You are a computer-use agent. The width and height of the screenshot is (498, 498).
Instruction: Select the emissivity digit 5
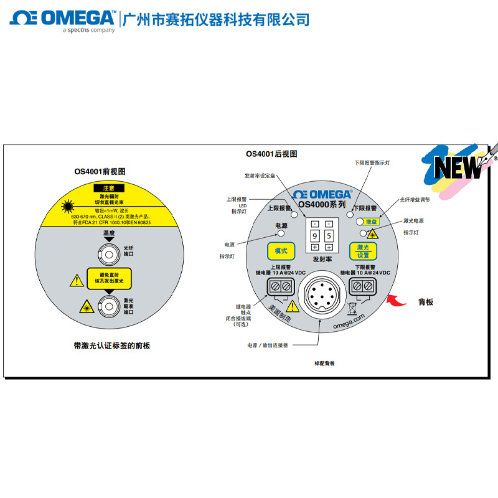tap(328, 236)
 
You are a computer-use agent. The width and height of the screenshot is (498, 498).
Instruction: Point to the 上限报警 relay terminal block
tap(280, 286)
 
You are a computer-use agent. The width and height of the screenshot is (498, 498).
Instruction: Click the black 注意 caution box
tap(109, 187)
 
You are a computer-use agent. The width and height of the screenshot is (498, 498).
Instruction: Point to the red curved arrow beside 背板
tap(397, 301)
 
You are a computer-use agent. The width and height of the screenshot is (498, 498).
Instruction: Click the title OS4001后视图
tap(271, 154)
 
